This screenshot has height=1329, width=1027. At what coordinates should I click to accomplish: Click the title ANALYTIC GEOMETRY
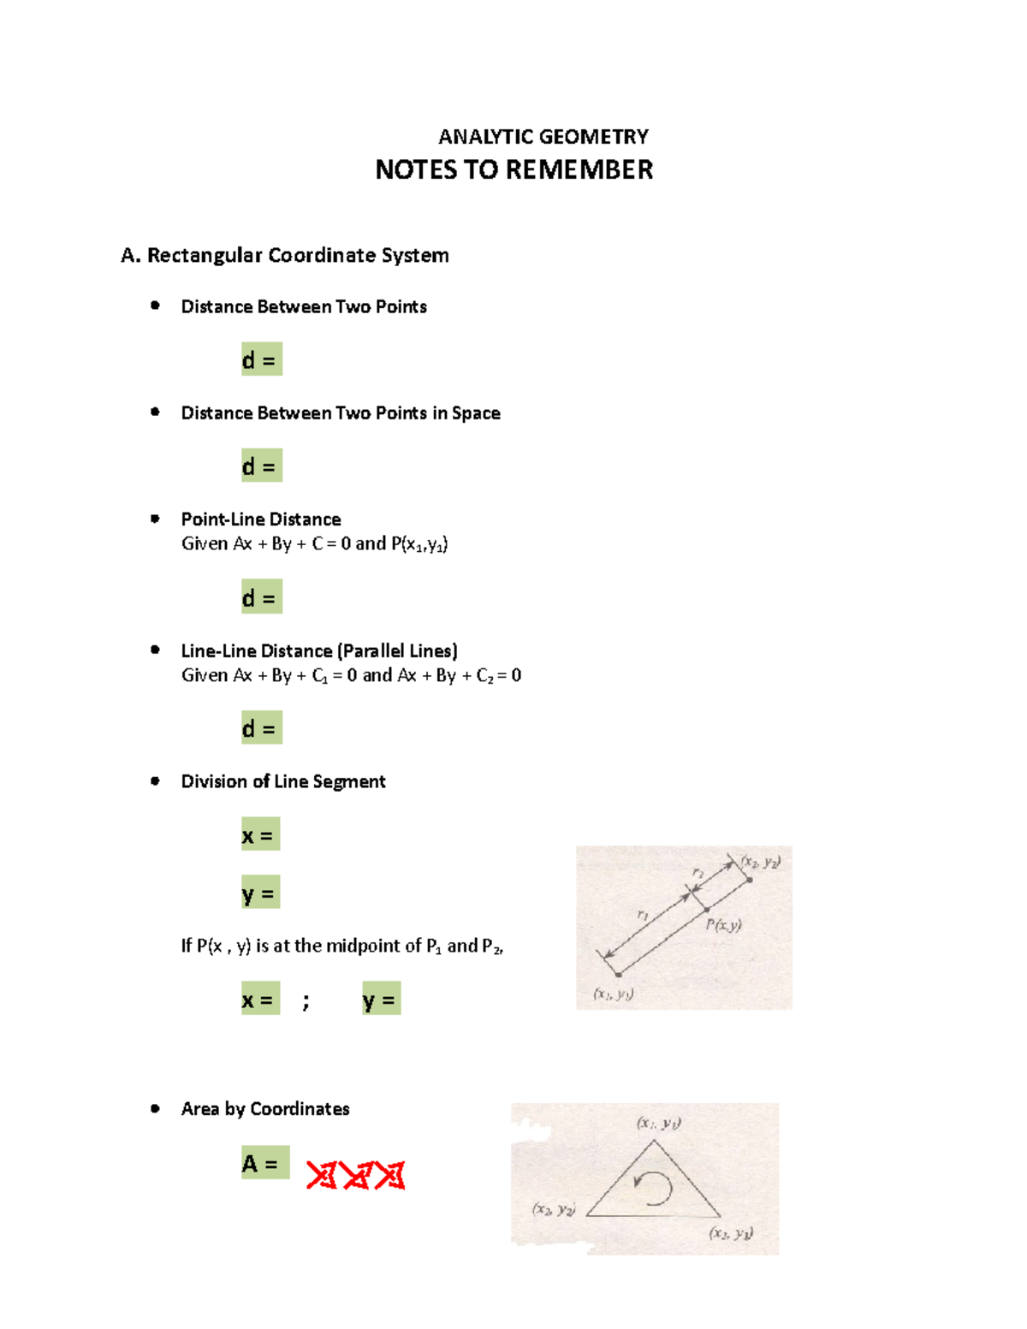click(543, 137)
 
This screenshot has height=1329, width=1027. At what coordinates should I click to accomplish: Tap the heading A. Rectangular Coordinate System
click(285, 255)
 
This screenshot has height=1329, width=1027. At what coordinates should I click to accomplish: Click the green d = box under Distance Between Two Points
click(261, 359)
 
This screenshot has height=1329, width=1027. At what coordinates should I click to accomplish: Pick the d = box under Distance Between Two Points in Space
click(261, 466)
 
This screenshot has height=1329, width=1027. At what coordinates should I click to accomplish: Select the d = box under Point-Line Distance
click(261, 597)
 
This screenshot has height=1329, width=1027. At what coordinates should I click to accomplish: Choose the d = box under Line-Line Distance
click(261, 728)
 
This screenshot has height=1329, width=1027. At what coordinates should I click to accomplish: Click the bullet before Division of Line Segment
click(155, 780)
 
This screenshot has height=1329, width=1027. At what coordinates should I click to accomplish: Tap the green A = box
click(264, 1163)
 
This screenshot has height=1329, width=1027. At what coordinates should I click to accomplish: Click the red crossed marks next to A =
click(355, 1176)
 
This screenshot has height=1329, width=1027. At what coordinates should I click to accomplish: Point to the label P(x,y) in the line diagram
click(723, 925)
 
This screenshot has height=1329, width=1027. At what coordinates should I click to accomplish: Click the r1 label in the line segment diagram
click(643, 915)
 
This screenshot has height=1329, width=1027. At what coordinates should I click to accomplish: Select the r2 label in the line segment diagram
click(698, 872)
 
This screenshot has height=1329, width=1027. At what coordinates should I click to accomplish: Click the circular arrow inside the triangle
click(654, 1188)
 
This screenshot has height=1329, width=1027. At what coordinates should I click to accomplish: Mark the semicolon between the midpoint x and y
click(306, 1000)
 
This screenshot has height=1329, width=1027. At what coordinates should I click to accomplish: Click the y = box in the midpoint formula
click(381, 999)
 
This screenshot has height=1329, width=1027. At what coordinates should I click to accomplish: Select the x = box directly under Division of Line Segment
click(260, 834)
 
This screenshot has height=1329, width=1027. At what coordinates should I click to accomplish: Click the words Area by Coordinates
click(265, 1109)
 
